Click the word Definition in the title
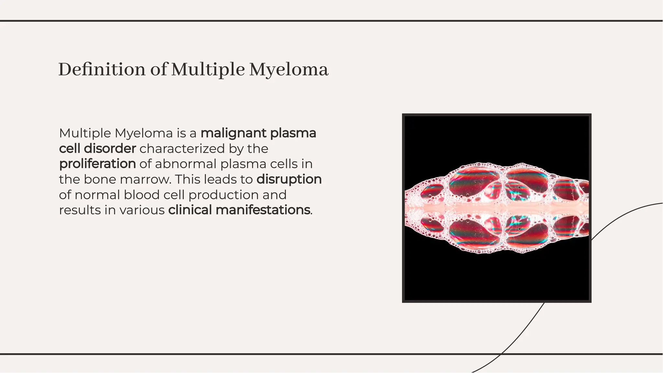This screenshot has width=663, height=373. coord(102,70)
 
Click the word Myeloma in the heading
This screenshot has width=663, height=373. coord(288,70)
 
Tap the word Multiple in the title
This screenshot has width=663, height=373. coord(208,70)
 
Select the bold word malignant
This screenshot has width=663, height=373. coord(233,133)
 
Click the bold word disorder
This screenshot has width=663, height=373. coord(110,149)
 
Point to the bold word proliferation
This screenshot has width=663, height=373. coord(97,164)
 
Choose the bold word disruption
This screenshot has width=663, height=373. coord(289,180)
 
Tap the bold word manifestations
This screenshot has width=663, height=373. coord(263,210)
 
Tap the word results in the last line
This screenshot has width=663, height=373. coord(80,210)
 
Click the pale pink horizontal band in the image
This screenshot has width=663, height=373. coord(497,207)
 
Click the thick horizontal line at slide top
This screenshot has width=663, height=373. coord(331,21)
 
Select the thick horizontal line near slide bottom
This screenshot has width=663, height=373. coord(331,354)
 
